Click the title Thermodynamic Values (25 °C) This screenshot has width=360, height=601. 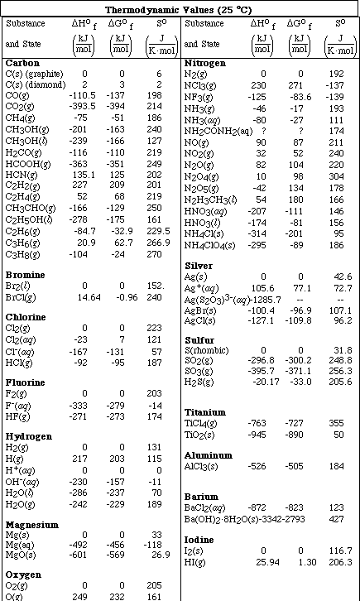(x=180, y=7)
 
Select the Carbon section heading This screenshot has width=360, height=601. (x=22, y=63)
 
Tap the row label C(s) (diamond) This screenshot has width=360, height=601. (x=34, y=84)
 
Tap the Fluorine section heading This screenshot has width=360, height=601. (x=26, y=382)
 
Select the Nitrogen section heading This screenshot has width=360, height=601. (x=206, y=63)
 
